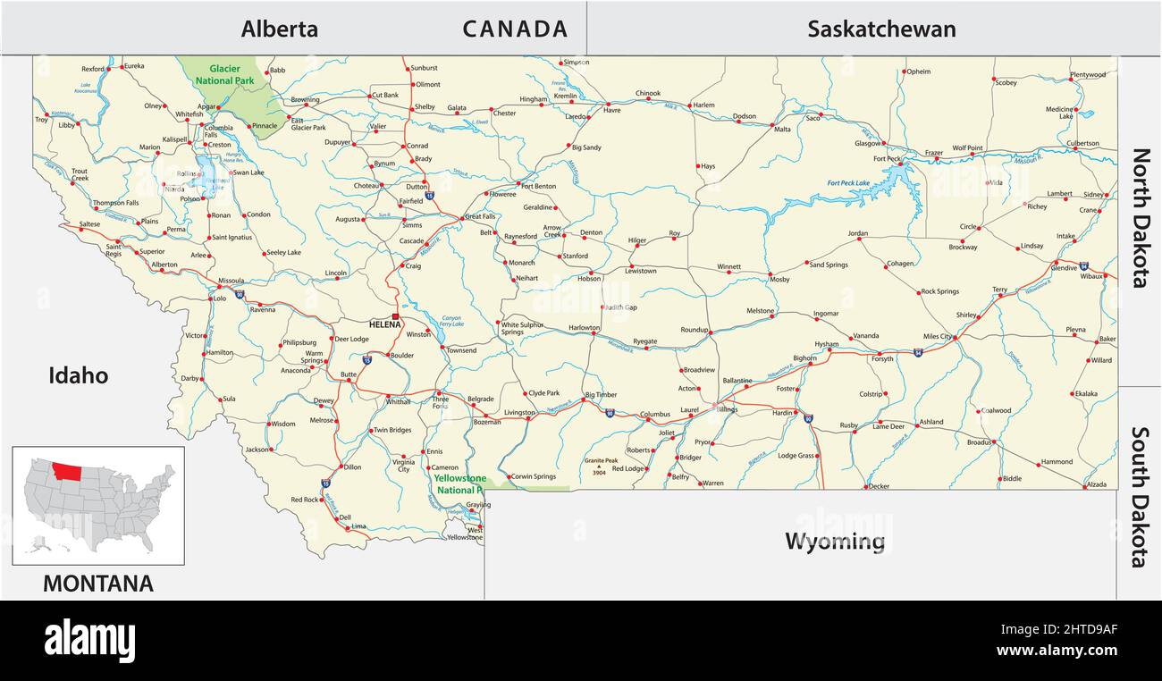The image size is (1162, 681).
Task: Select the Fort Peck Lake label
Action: tap(848, 183)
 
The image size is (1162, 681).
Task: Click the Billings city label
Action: tap(726, 409)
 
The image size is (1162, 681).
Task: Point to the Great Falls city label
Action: tap(480, 216)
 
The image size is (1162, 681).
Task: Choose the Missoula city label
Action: tap(231, 280)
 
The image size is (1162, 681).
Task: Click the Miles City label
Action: tap(938, 337)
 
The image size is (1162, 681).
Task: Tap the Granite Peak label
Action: tap(601, 461)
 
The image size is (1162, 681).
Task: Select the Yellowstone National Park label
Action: tap(459, 483)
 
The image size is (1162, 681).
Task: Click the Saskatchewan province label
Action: tap(881, 29)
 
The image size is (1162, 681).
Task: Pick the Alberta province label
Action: tap(279, 29)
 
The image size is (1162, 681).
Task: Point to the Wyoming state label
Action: tap(835, 541)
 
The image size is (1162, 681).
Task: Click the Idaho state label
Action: tap(78, 375)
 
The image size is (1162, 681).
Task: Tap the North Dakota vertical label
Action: tap(1141, 218)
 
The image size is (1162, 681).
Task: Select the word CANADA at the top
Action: tap(515, 29)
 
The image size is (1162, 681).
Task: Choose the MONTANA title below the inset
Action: tap(98, 584)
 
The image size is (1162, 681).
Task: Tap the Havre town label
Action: tap(611, 111)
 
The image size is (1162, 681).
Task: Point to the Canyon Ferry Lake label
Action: tap(452, 321)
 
